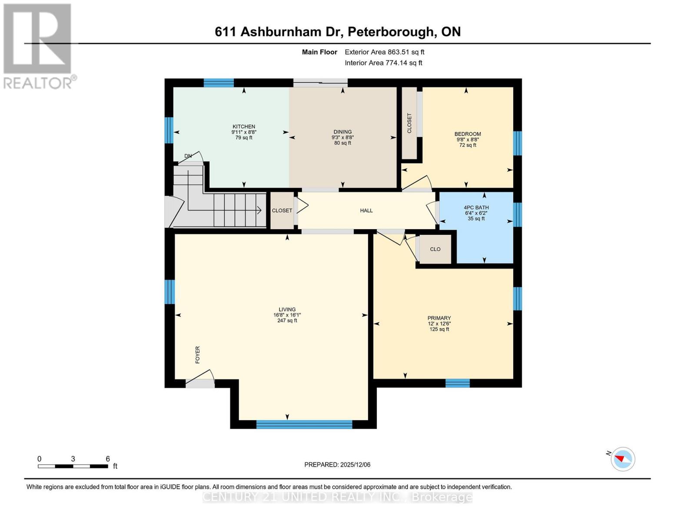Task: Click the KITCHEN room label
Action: (243, 127)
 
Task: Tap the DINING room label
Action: (342, 132)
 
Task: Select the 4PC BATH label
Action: (476, 208)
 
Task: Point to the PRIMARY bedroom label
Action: (439, 318)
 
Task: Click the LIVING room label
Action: (287, 310)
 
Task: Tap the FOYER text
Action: (198, 355)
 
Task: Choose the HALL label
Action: (366, 211)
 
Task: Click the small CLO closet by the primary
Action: (435, 249)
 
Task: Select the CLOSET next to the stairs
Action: (282, 211)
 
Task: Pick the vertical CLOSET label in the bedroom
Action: (409, 123)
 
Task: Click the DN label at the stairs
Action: (188, 156)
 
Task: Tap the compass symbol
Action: (623, 459)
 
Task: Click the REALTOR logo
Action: (38, 46)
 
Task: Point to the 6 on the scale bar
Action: (108, 459)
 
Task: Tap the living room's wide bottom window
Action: (304, 424)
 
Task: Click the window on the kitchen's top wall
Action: (219, 83)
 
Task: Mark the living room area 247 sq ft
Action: (287, 321)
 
